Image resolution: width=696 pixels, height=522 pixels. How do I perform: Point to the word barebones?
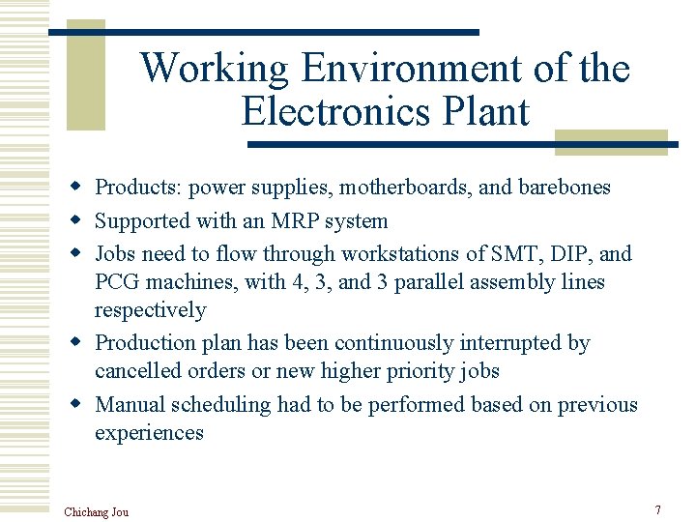pos(565,187)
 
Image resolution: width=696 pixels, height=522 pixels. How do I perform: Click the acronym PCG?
pos(117,282)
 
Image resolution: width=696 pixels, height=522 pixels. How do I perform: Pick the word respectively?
pos(150,310)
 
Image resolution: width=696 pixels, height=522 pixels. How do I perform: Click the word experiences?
pos(149,432)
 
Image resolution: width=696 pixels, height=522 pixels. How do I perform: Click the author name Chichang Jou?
pos(96,511)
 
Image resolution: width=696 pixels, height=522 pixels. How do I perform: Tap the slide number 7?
pos(657,509)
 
